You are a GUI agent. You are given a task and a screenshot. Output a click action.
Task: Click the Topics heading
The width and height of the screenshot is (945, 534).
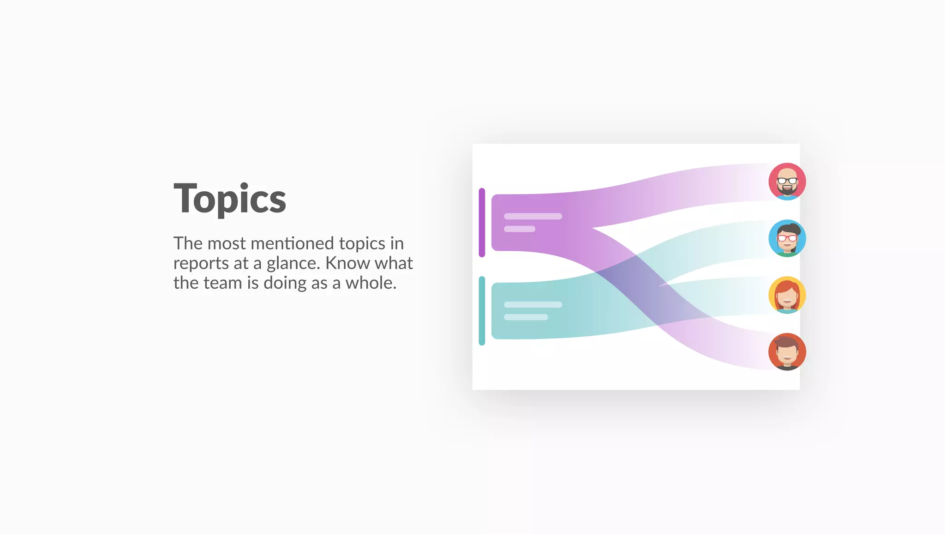(230, 199)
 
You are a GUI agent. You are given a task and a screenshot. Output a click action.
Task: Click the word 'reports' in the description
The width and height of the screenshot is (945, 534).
(201, 264)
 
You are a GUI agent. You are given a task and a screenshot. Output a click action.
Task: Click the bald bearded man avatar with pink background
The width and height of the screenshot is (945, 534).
(787, 182)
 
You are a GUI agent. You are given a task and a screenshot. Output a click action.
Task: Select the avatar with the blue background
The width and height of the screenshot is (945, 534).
(787, 238)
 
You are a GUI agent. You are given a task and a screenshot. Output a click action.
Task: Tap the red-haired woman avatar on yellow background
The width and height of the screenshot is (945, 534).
(787, 295)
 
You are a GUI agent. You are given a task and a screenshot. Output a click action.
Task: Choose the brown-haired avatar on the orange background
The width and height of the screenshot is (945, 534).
(787, 352)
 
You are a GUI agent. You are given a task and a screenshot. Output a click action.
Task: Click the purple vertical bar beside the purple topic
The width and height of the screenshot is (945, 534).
(482, 222)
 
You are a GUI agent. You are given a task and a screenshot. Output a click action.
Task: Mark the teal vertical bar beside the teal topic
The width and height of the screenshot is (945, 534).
(482, 310)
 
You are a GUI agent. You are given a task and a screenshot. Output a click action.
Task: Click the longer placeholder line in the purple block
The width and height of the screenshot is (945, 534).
(533, 216)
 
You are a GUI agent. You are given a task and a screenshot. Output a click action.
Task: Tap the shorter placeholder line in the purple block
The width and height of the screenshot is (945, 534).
(520, 229)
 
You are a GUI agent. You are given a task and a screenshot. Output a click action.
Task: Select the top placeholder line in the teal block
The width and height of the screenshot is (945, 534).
(533, 304)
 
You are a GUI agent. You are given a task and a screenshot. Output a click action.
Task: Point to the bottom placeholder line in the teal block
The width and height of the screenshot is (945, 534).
(526, 317)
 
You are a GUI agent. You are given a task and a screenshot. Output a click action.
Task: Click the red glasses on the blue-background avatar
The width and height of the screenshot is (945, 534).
(787, 238)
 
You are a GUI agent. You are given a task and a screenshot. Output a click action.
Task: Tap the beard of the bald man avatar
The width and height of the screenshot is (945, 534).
(787, 189)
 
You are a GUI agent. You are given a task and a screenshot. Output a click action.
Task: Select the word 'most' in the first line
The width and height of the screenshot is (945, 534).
(226, 243)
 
